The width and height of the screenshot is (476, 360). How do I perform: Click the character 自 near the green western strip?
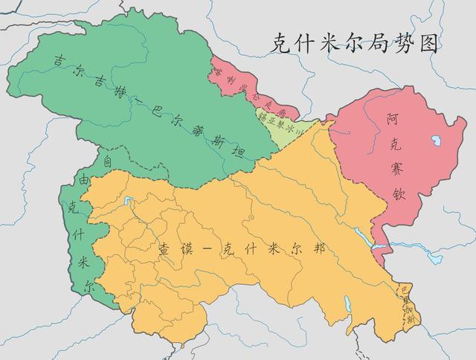[108, 161]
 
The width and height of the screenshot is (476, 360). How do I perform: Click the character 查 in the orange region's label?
[165, 251]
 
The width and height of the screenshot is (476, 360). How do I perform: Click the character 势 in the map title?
[397, 43]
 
